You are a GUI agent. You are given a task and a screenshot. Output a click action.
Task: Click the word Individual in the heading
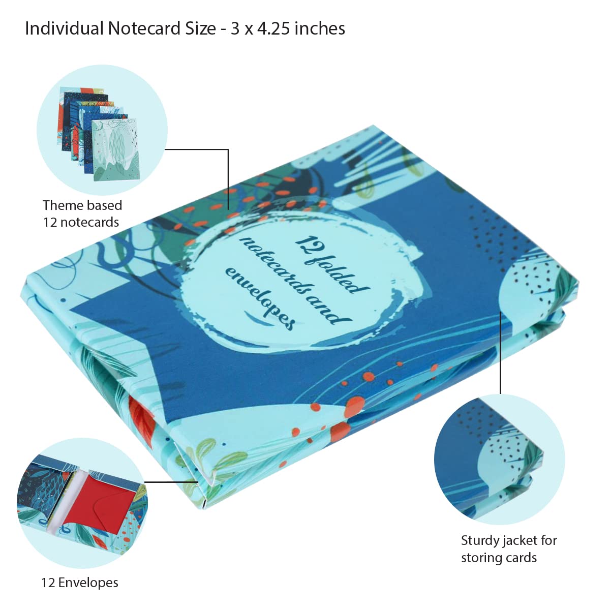click(64, 28)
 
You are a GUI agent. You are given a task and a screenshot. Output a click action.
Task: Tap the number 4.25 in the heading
click(273, 29)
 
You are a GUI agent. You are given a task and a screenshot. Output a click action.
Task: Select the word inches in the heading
click(320, 28)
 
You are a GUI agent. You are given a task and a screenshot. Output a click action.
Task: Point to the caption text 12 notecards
click(81, 222)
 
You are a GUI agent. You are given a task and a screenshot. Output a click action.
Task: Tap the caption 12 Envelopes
click(80, 583)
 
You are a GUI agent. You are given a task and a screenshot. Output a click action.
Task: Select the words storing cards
click(499, 558)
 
